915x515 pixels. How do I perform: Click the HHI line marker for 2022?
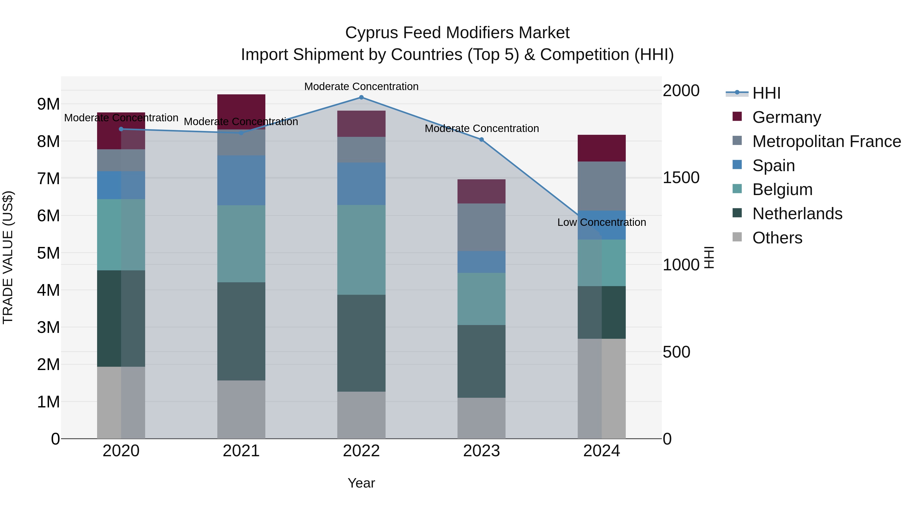click(x=361, y=97)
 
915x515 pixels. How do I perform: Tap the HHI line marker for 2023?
click(x=481, y=140)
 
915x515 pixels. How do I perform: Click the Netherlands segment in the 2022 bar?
click(x=361, y=343)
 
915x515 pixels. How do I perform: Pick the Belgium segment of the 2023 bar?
click(x=481, y=299)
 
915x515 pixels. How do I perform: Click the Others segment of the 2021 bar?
click(x=241, y=409)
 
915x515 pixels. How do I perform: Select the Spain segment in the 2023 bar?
click(x=481, y=262)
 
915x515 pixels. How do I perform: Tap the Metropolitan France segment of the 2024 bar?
click(x=601, y=186)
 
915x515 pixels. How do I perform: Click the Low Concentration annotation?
click(x=601, y=223)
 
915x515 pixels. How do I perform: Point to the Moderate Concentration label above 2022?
click(x=361, y=86)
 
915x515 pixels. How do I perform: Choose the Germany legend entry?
click(x=786, y=117)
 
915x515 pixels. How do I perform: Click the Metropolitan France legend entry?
click(x=826, y=141)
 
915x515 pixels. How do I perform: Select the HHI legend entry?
click(x=766, y=93)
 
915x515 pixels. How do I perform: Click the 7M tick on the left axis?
click(x=48, y=179)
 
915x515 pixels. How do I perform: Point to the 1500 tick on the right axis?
click(x=681, y=178)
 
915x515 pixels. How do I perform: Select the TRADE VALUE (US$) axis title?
click(x=8, y=257)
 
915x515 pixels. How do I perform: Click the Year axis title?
click(x=361, y=483)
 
